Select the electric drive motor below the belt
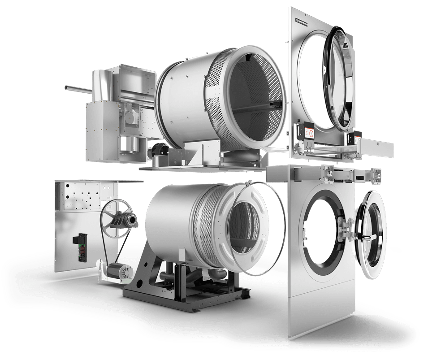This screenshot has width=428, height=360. point(120,271)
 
